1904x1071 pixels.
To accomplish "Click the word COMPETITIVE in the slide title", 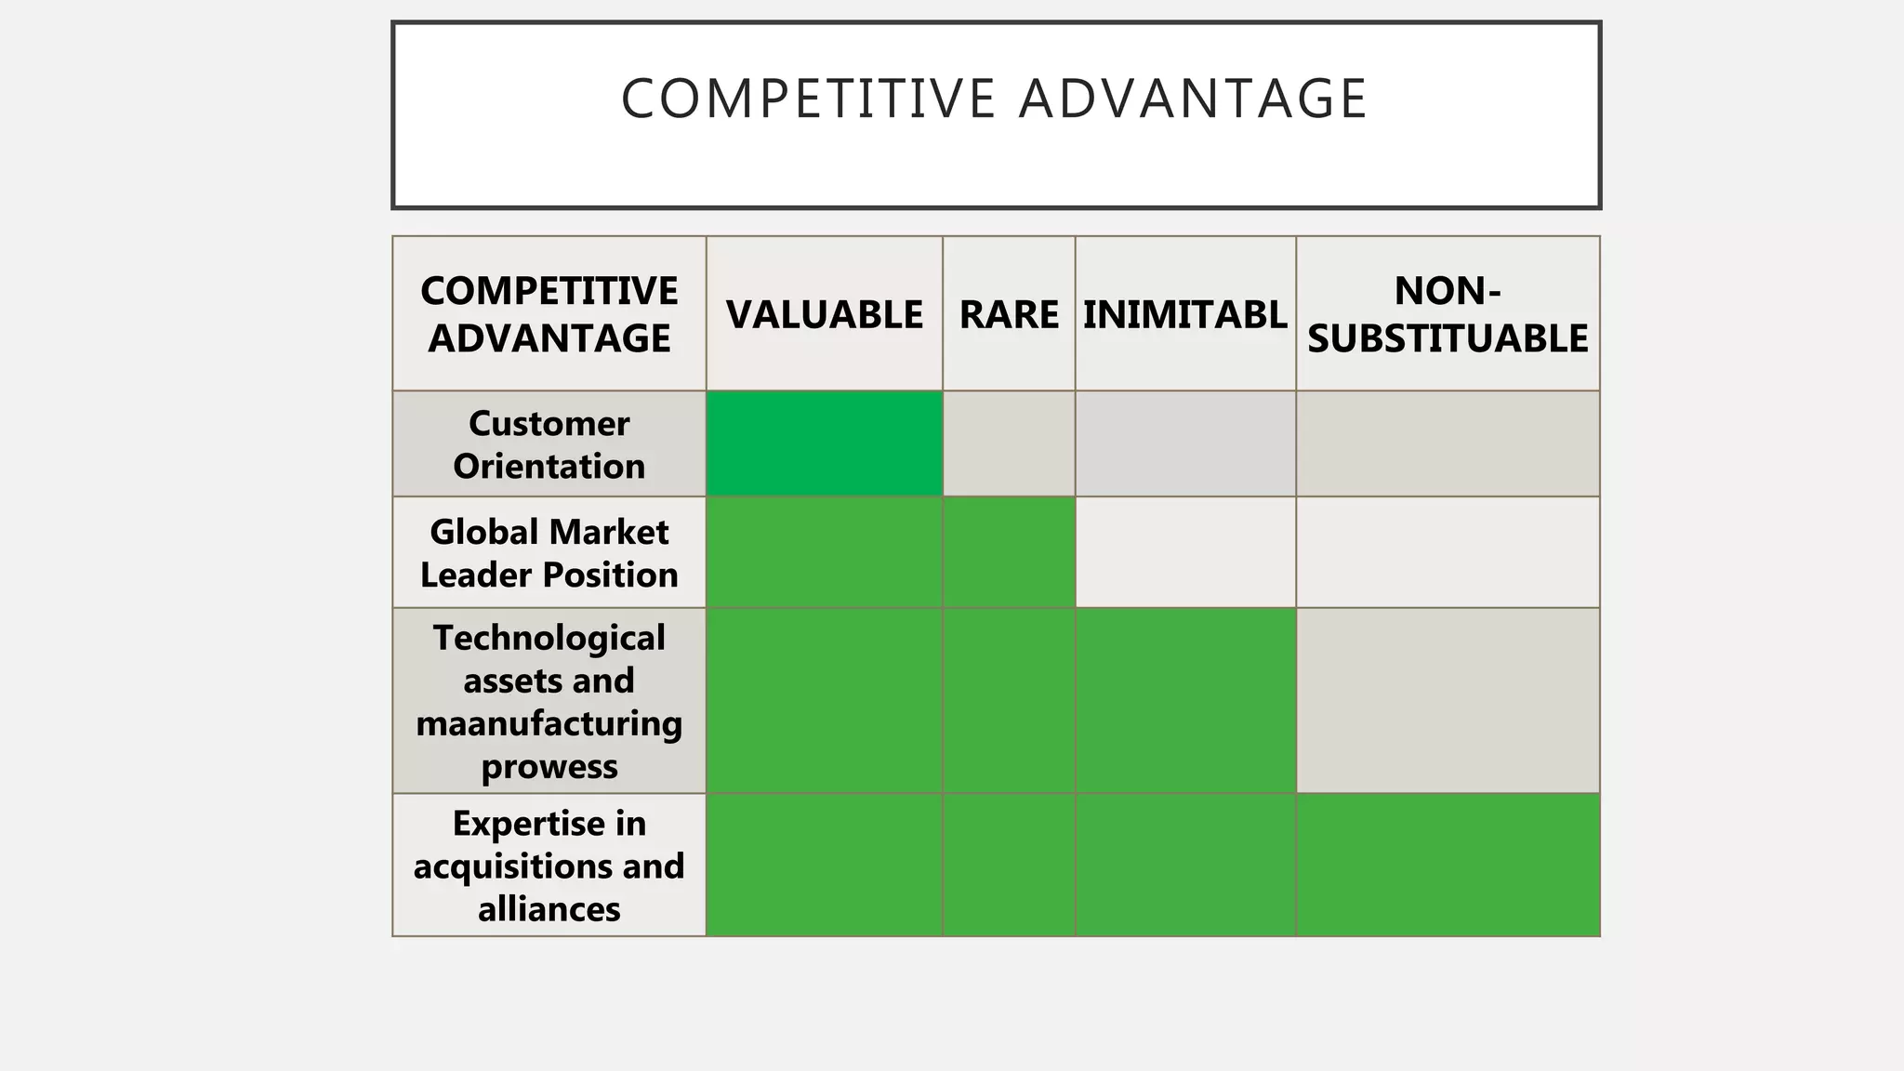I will [808, 99].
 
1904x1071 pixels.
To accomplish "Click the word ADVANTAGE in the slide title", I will [1192, 99].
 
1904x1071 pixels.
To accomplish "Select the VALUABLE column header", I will [824, 314].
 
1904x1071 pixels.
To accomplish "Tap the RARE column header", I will [1009, 314].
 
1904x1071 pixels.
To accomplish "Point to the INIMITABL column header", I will [1184, 314].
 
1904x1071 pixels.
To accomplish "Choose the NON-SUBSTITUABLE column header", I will [1448, 314].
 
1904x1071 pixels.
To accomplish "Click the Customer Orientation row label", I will [549, 444].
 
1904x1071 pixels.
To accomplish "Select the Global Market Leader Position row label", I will [549, 553].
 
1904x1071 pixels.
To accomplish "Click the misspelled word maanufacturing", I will [549, 723].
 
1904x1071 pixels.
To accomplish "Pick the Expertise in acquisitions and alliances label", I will [549, 866].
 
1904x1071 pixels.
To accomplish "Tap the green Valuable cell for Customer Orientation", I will [824, 443].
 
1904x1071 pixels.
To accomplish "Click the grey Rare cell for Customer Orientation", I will [1009, 443].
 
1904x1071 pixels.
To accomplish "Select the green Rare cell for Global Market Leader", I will [1009, 552].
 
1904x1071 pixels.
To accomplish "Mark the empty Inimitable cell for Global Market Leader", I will [1185, 552].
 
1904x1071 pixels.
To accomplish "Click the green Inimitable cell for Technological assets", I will [1185, 700].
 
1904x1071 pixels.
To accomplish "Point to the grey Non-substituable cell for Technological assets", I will [1448, 700].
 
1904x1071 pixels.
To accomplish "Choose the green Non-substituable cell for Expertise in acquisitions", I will [1448, 865].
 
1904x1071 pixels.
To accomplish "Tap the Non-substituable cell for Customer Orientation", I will [1448, 443].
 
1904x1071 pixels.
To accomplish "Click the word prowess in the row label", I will [549, 767].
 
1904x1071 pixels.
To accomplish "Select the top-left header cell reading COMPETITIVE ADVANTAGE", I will [549, 314].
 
